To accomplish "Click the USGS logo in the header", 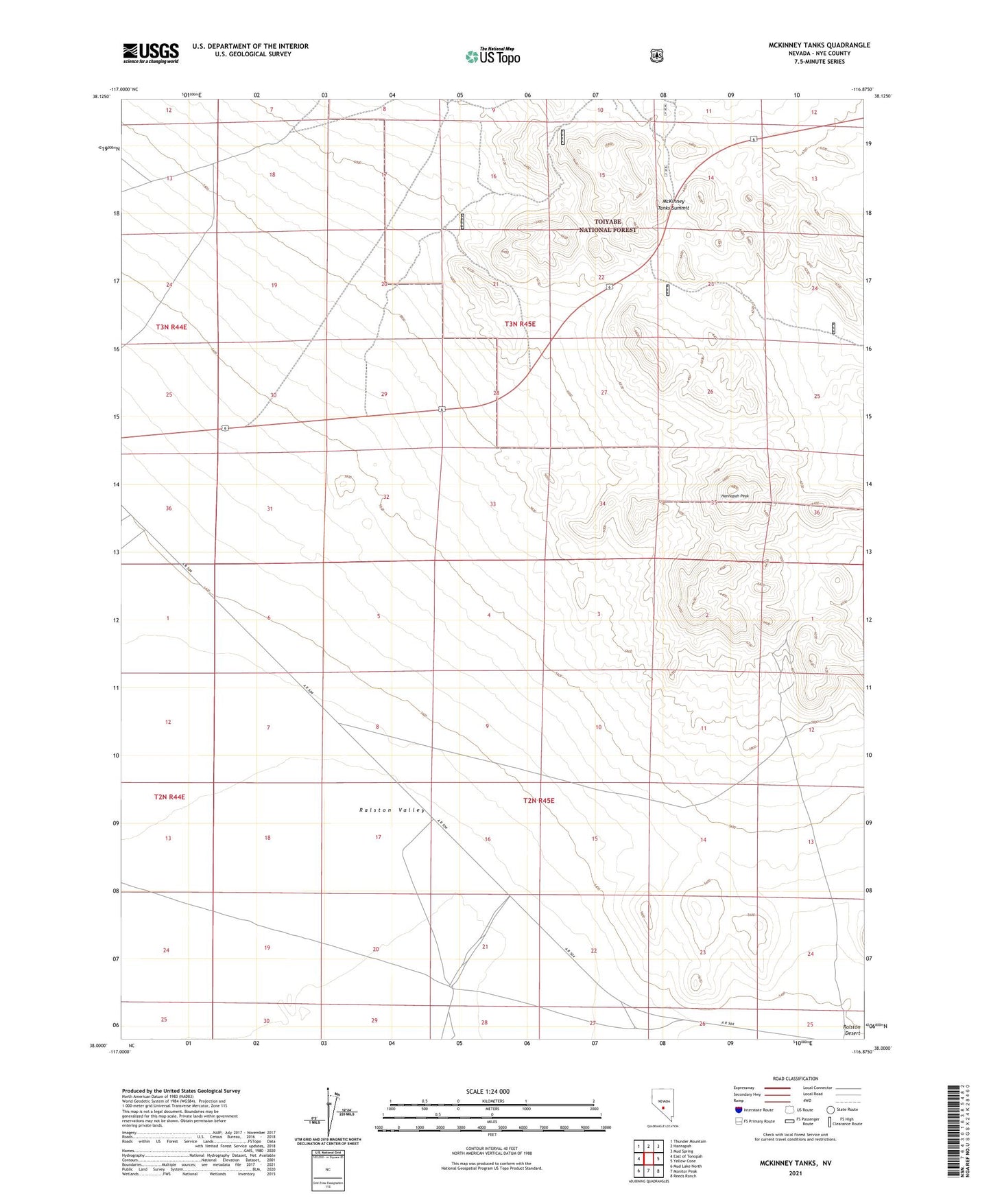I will point(150,53).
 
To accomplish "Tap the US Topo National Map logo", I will point(492,56).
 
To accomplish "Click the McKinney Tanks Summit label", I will point(672,204).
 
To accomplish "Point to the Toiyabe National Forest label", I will point(608,226).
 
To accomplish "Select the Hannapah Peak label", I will point(734,496).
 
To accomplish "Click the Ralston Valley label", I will point(392,810).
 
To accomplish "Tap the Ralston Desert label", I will point(851,1030).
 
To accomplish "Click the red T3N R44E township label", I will point(171,327).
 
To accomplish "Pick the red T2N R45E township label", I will point(538,801).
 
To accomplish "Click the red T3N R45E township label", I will point(520,324).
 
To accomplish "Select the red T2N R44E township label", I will point(169,797).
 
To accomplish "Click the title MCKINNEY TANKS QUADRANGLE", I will point(819,45).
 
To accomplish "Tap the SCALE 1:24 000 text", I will point(487,1092).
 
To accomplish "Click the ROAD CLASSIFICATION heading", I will point(795,1079).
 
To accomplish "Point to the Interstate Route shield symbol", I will point(738,1109).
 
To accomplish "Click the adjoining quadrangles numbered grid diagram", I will point(647,1159).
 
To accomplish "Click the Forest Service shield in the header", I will point(656,56).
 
